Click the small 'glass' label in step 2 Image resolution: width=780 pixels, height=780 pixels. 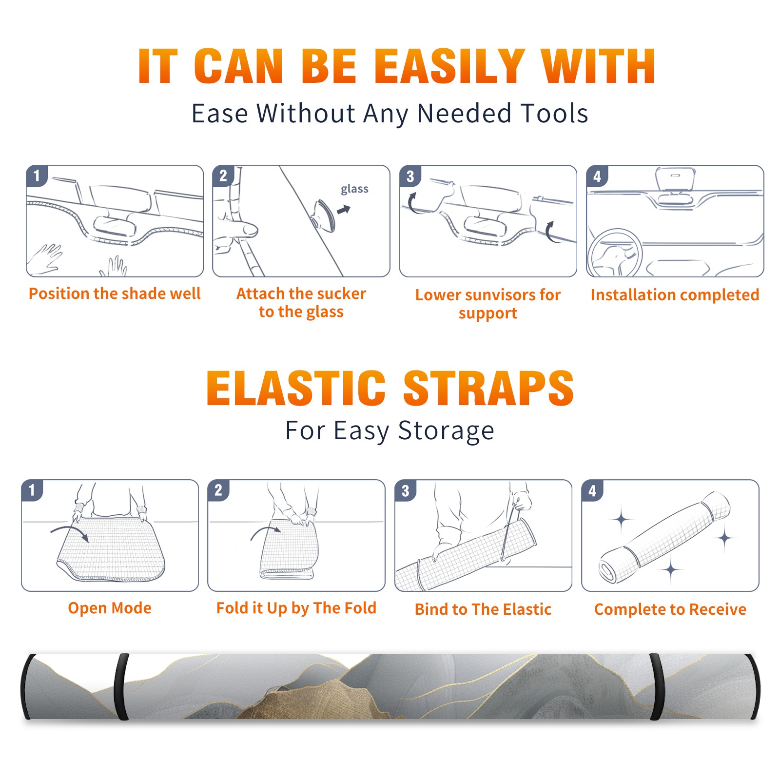pos(354,189)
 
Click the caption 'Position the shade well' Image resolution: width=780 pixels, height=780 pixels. pos(115,293)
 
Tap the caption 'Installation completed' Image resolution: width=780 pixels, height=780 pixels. pos(675,294)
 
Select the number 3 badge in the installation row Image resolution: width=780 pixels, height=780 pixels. pos(410,176)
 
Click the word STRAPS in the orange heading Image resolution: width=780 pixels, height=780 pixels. pos(488,388)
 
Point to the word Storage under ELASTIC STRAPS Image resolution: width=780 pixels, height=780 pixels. pos(446,431)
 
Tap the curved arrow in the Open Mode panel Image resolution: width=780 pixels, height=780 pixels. pos(70,532)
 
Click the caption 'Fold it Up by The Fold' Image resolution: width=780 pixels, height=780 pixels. pos(296,608)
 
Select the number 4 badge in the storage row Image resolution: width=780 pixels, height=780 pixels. pos(592,490)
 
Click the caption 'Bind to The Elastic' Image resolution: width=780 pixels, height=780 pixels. pos(483,609)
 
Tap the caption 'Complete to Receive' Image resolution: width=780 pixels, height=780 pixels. pos(670,609)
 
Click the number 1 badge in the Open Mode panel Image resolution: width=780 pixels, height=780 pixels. pos(32,490)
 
